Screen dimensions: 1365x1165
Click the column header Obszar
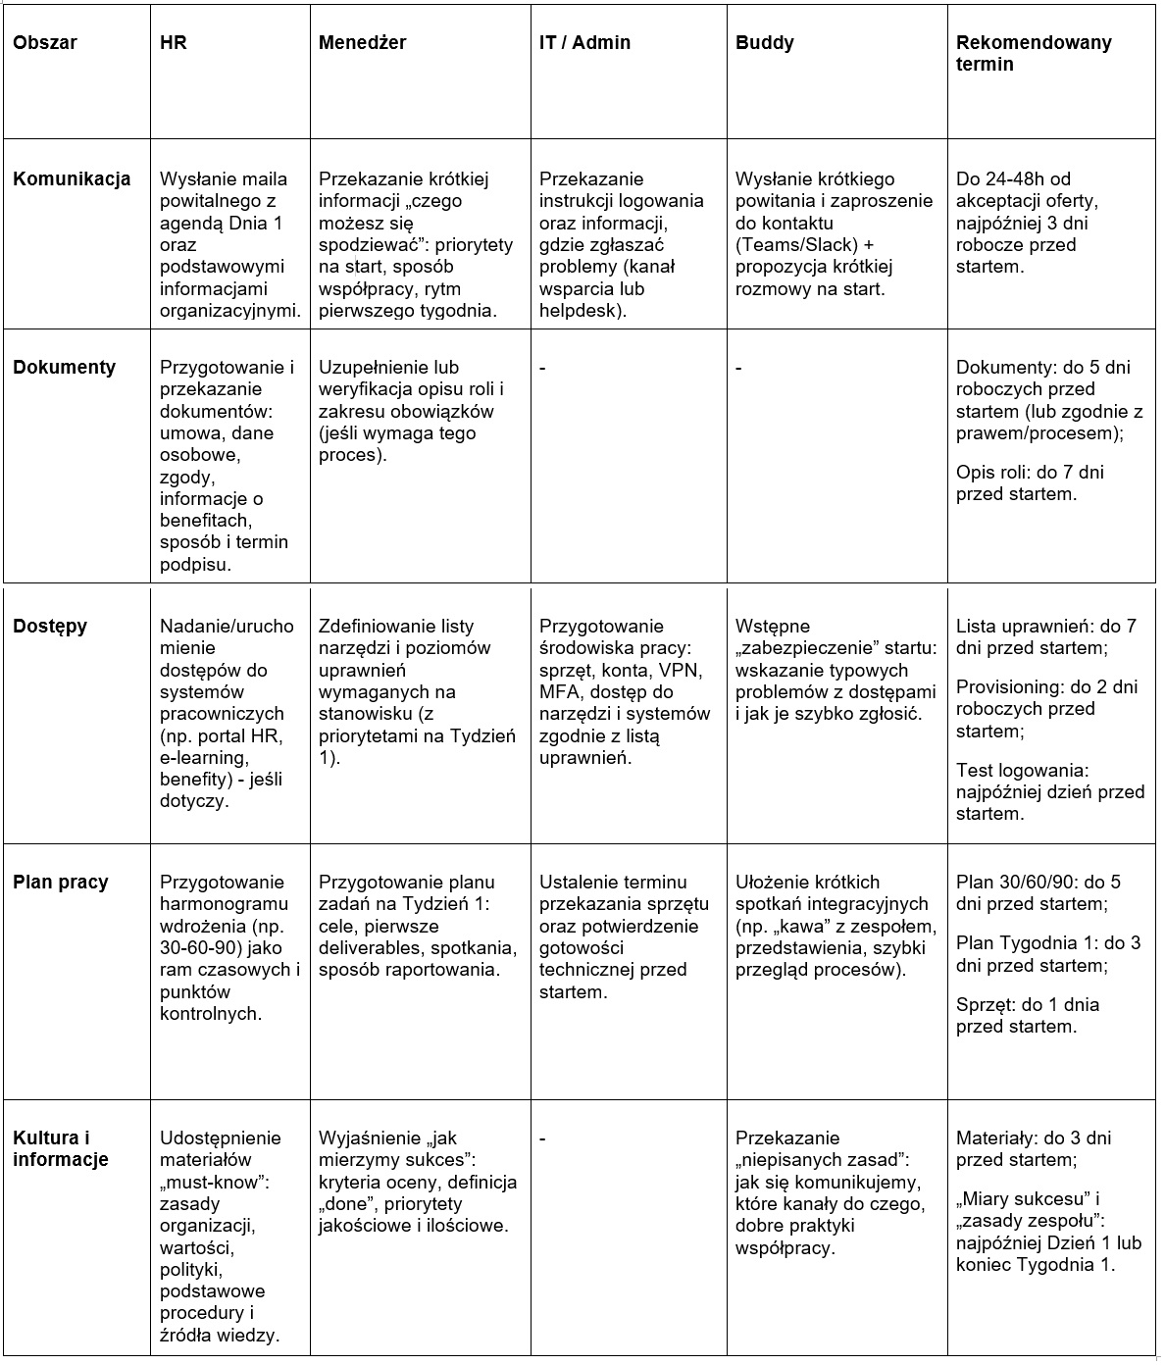click(x=44, y=43)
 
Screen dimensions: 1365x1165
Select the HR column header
click(x=174, y=43)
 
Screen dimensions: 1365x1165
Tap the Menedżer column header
click(x=362, y=43)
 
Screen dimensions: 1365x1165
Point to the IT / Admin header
click(x=584, y=43)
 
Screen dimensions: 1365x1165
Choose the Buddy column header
click(x=764, y=43)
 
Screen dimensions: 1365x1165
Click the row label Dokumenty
click(x=64, y=368)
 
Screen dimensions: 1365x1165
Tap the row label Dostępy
click(x=50, y=627)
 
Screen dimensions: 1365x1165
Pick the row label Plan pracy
click(x=61, y=883)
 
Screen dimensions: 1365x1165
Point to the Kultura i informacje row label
click(x=61, y=1149)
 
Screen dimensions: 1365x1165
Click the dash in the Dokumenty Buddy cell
click(x=738, y=369)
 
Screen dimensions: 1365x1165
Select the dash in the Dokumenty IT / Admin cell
click(x=542, y=369)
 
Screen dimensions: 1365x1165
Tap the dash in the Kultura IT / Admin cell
click(x=542, y=1139)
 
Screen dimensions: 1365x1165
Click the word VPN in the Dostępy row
click(x=672, y=671)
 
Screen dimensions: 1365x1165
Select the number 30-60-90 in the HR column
click(x=200, y=948)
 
